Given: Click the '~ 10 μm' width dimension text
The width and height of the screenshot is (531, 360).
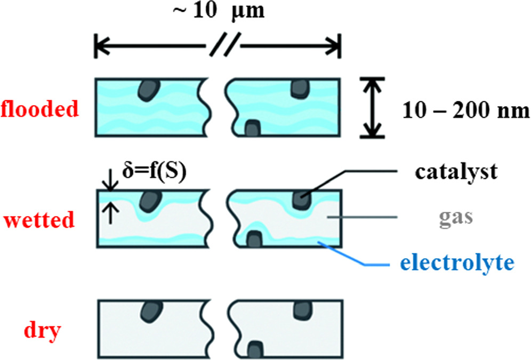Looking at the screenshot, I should (219, 12).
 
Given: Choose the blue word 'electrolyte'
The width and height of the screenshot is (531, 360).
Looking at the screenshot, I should (457, 262).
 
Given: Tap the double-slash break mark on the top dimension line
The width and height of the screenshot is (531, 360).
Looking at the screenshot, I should (219, 46).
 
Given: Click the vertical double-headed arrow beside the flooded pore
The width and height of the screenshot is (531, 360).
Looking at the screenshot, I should (372, 107).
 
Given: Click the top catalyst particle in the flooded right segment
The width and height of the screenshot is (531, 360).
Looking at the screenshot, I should (300, 88).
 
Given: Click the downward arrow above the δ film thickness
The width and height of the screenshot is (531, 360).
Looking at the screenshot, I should (109, 183).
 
